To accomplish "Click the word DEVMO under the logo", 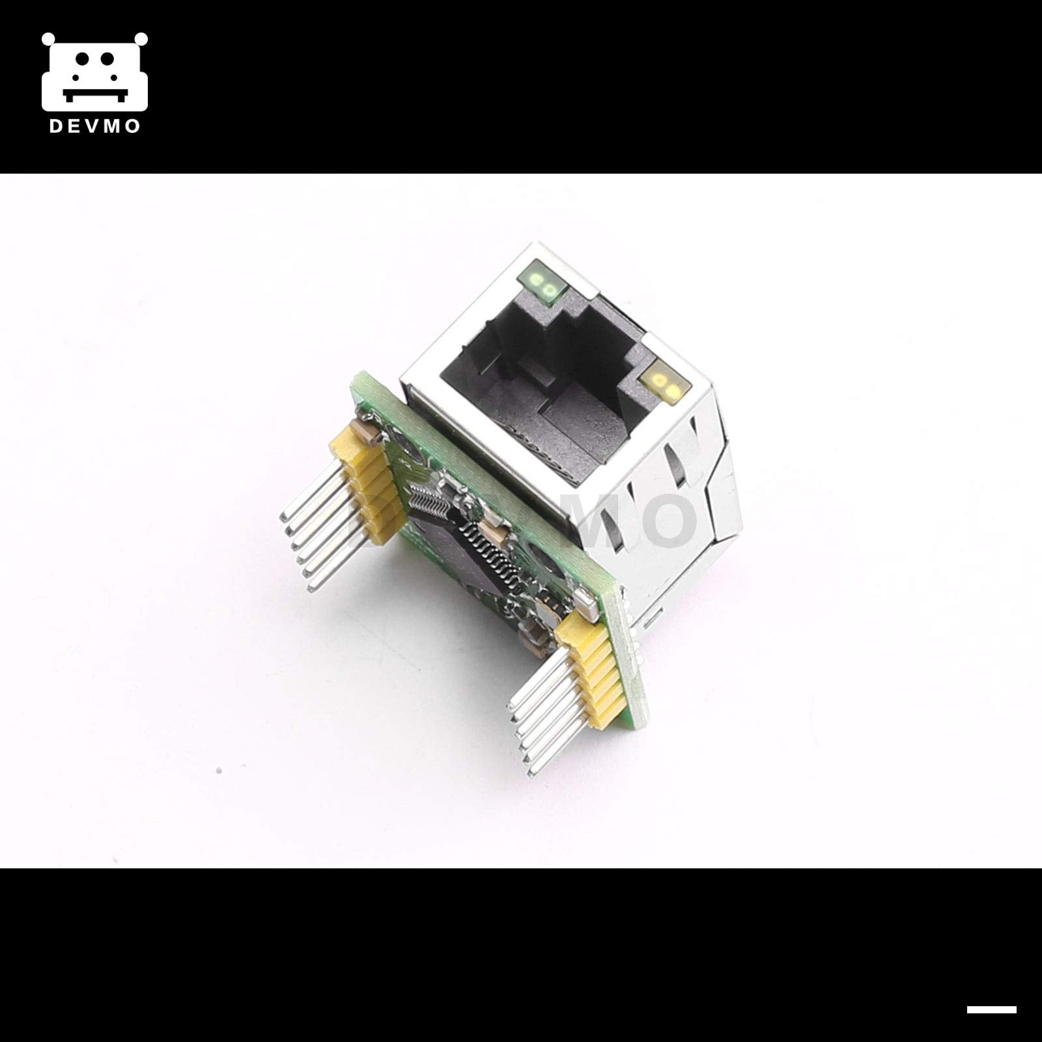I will pyautogui.click(x=94, y=126).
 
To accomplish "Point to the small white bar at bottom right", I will pyautogui.click(x=991, y=1009).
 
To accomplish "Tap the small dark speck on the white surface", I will pyautogui.click(x=219, y=770).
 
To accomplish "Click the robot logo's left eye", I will pyautogui.click(x=81, y=60).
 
